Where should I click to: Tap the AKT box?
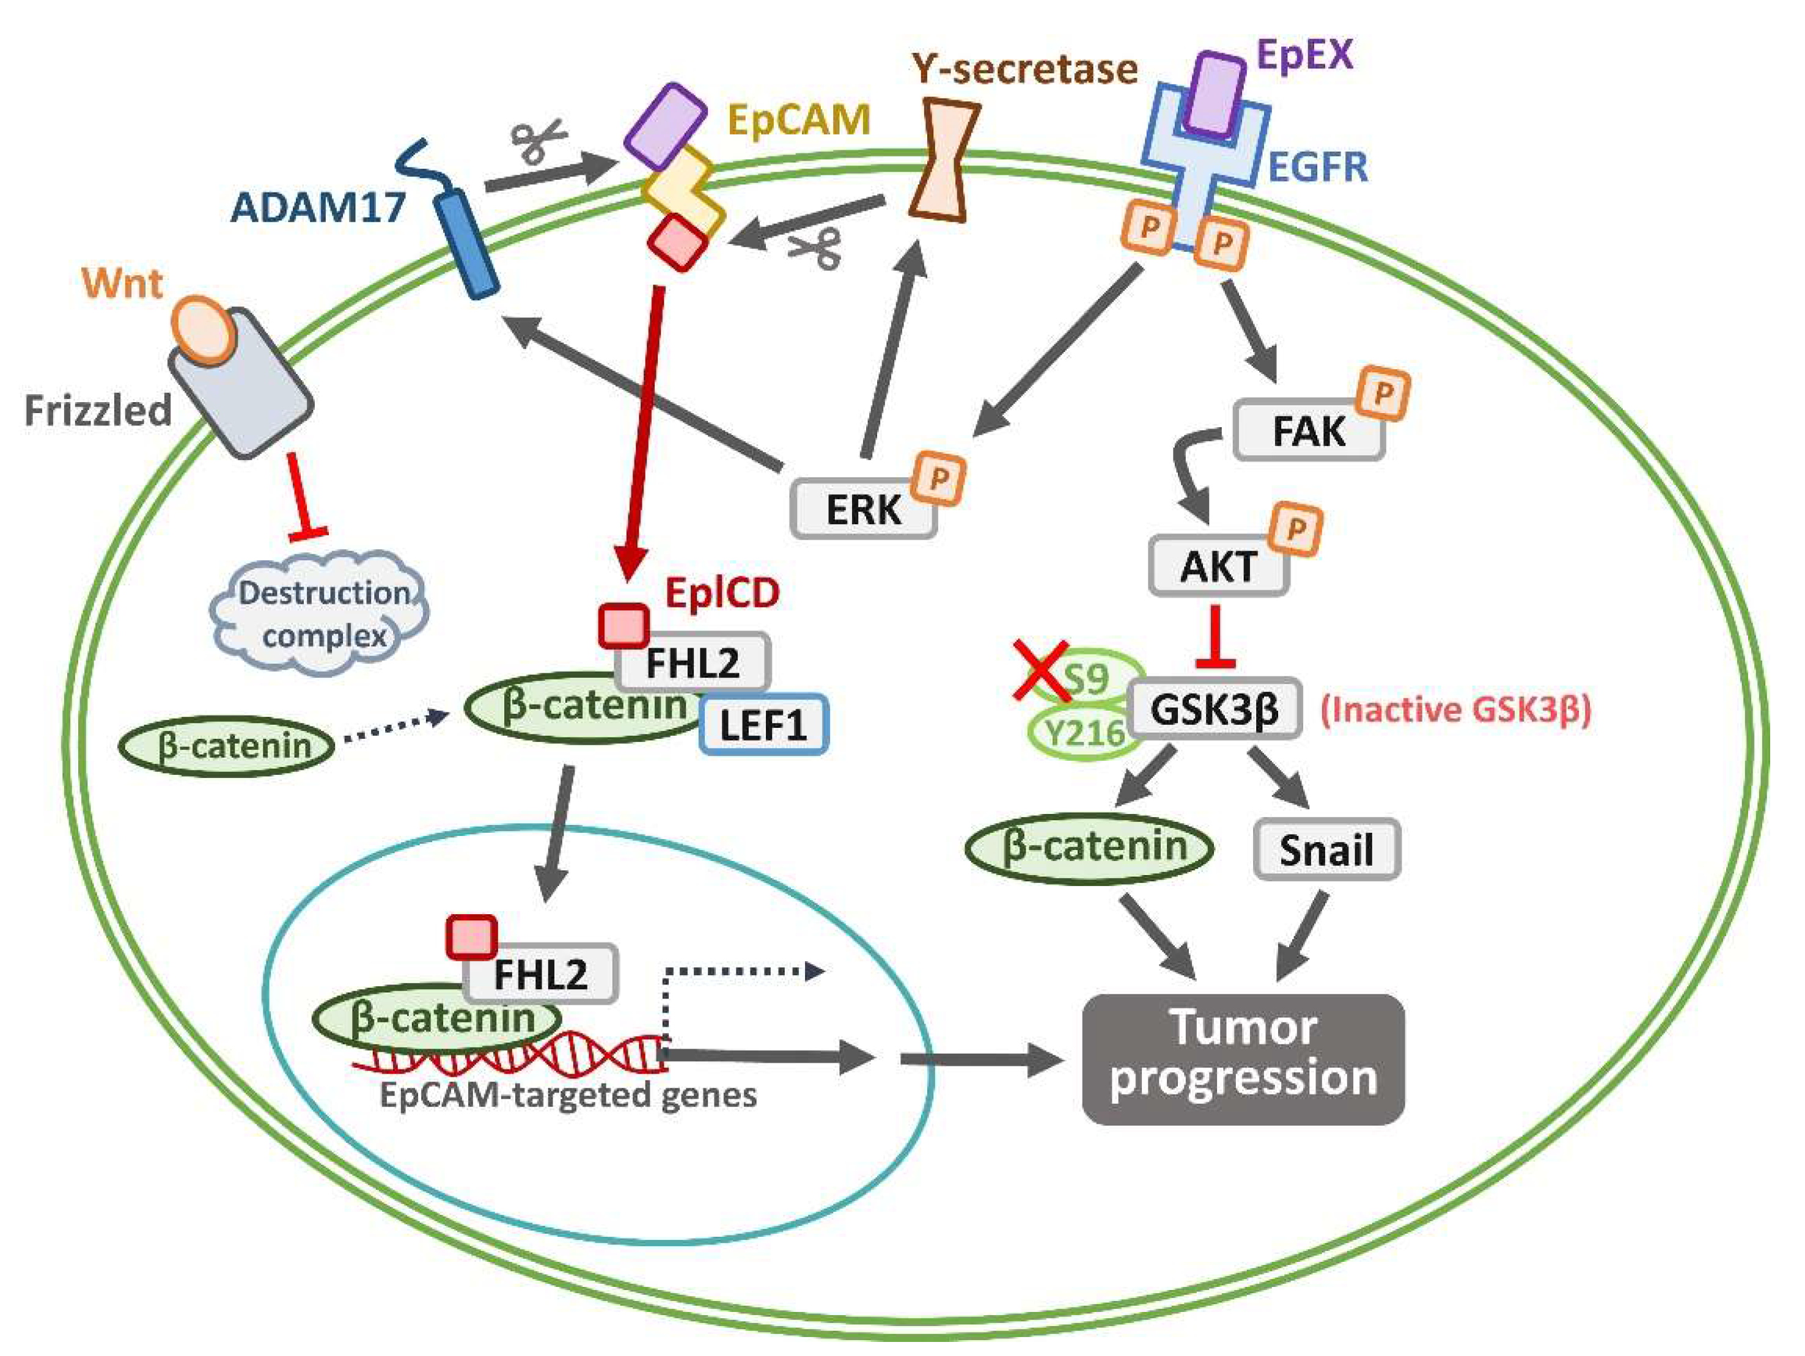[x=1218, y=565]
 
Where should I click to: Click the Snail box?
[x=1326, y=849]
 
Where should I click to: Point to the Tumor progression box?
[x=1243, y=1059]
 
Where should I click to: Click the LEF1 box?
[x=763, y=724]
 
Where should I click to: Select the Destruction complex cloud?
[x=322, y=614]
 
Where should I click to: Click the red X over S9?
[x=1040, y=670]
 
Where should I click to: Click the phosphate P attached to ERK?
[x=938, y=478]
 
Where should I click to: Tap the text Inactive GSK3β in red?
[x=1455, y=709]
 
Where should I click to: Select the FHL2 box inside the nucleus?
[x=540, y=973]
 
